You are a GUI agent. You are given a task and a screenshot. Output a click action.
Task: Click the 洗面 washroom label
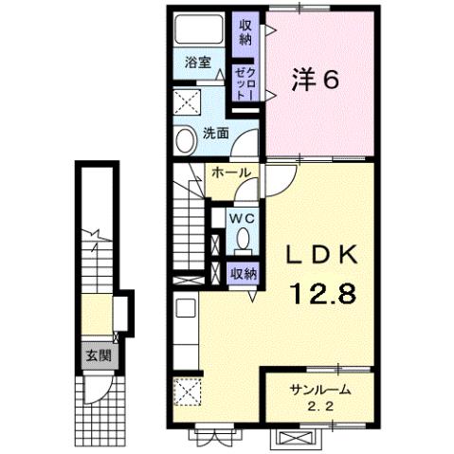coord(214,134)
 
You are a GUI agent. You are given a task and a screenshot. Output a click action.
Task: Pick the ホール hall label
coord(229,173)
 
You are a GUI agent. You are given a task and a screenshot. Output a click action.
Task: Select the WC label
coord(244,217)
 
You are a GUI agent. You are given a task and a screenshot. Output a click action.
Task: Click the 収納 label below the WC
coord(244,273)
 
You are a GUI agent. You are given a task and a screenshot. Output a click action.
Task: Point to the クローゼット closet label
coord(244,82)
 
